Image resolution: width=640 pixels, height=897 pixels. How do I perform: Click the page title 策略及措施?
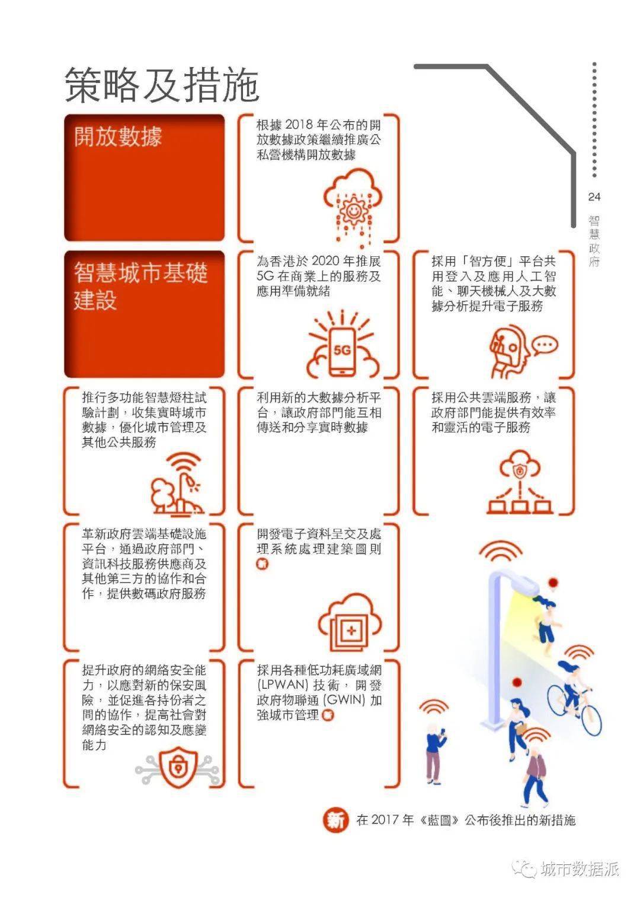pyautogui.click(x=162, y=84)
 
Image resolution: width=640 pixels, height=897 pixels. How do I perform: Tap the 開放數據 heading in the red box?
pyautogui.click(x=118, y=137)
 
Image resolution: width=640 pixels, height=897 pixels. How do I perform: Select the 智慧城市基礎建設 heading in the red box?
pyautogui.click(x=140, y=286)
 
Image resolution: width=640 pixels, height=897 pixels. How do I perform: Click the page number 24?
pyautogui.click(x=594, y=196)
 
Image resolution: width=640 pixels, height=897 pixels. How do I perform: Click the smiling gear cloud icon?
pyautogui.click(x=353, y=207)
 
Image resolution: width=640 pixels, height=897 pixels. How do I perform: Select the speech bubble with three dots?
pyautogui.click(x=545, y=345)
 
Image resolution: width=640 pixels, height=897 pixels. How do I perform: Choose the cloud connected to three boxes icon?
pyautogui.click(x=520, y=482)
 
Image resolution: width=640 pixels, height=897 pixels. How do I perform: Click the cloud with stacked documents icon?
pyautogui.click(x=350, y=624)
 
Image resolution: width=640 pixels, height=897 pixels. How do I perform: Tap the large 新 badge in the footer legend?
pyautogui.click(x=335, y=820)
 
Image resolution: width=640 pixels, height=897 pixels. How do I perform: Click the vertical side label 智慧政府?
pyautogui.click(x=594, y=241)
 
